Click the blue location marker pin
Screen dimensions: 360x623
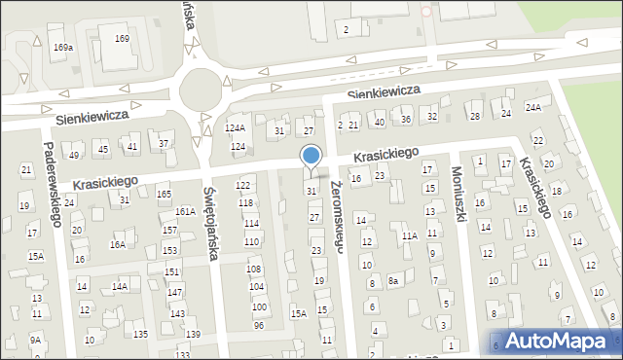click(x=311, y=156)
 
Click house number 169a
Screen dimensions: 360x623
click(x=63, y=47)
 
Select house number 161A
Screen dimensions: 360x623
click(x=185, y=211)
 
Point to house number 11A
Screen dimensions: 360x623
click(x=409, y=235)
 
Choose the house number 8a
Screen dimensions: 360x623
click(x=393, y=281)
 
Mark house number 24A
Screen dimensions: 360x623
click(x=533, y=107)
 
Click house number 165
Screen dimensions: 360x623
click(x=165, y=195)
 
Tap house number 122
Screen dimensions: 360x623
click(x=243, y=185)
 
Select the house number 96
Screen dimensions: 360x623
click(x=259, y=325)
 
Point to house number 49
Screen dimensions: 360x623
click(x=74, y=156)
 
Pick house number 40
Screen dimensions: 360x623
click(x=380, y=121)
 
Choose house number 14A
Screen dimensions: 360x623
click(x=119, y=286)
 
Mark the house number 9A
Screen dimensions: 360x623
click(x=35, y=340)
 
